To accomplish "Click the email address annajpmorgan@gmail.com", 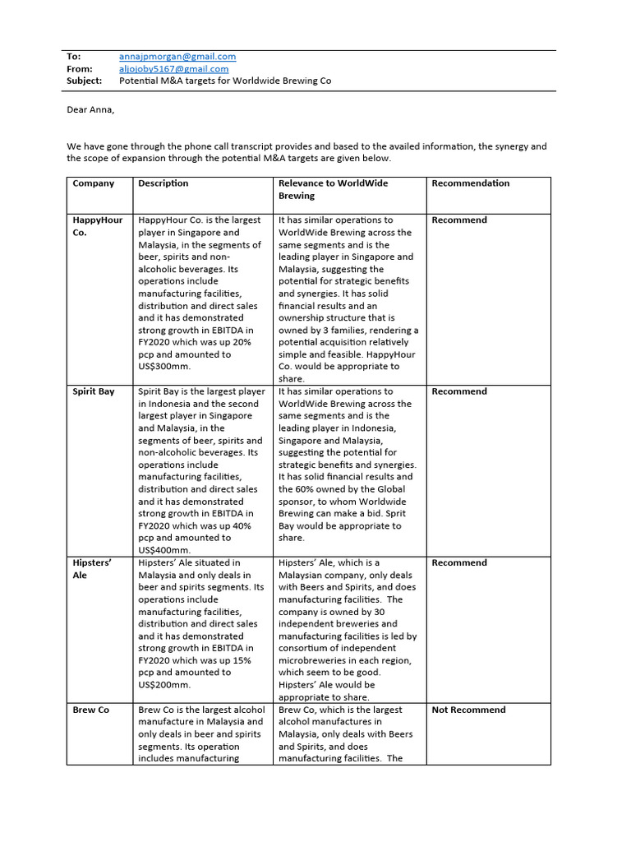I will click(177, 57).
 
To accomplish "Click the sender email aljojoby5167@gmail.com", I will click(173, 69).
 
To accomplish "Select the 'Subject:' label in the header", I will click(85, 81).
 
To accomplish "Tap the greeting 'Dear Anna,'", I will click(90, 110).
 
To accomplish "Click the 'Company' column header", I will click(94, 183).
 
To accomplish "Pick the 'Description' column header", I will click(164, 183).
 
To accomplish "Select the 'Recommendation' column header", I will click(471, 183).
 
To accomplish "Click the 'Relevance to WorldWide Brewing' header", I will click(333, 190).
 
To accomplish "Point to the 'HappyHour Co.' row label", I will click(97, 226).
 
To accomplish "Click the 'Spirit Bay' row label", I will click(94, 391).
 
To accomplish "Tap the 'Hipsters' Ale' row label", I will click(92, 569).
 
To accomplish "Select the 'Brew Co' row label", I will click(90, 710).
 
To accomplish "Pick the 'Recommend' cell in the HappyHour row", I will click(459, 220).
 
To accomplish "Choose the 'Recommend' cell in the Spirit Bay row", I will click(459, 391).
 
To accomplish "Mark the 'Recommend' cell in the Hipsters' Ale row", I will click(459, 562).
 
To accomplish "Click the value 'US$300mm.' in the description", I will click(165, 367).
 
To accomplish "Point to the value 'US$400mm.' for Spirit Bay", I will click(165, 550).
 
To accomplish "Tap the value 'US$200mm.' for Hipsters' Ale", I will click(165, 684).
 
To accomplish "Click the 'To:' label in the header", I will click(74, 57).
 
